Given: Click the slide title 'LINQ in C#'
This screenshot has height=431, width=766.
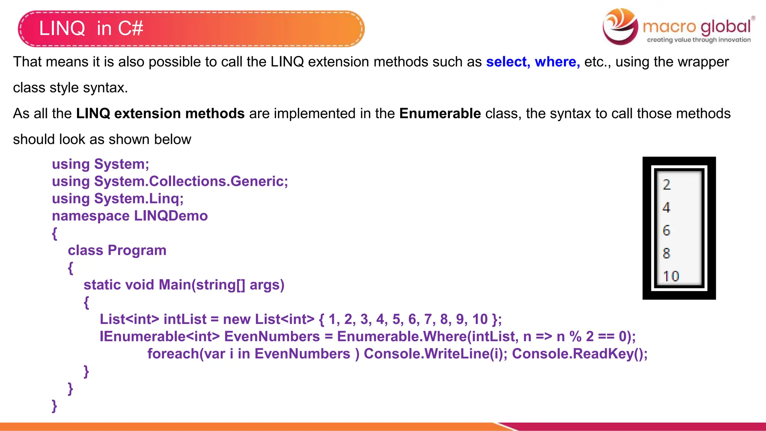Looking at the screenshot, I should (x=91, y=28).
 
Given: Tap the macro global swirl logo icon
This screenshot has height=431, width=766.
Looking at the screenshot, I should (x=620, y=26).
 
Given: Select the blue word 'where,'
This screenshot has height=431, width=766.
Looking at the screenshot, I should (x=557, y=62).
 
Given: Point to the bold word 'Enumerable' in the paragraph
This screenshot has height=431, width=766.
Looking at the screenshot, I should (x=440, y=113).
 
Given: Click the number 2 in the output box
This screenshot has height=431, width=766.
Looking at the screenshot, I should (x=667, y=184).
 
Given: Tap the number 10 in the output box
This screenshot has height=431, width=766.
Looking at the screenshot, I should (x=671, y=276).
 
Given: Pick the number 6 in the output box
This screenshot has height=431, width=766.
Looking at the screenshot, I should (x=667, y=230).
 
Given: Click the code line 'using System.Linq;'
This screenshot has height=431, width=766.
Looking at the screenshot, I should (x=118, y=199).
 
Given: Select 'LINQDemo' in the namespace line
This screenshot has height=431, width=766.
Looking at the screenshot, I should (x=171, y=216).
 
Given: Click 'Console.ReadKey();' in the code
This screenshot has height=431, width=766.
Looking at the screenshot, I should (x=579, y=354).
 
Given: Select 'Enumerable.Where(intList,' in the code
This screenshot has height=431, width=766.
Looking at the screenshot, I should (x=428, y=336).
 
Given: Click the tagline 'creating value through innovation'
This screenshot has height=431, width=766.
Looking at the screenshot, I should (x=699, y=40).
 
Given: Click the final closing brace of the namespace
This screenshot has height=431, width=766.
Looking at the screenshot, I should (x=55, y=406).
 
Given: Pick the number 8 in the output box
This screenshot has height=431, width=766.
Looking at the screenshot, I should (x=667, y=253).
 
